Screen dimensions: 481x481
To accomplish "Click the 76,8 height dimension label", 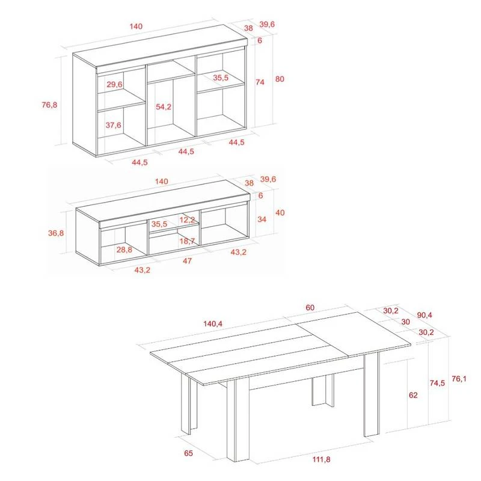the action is tap(49, 105).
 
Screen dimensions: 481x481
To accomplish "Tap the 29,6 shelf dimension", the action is tap(114, 84).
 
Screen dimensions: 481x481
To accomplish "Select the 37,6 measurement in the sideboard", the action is tap(113, 125).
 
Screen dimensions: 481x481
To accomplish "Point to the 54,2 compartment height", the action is tap(164, 107).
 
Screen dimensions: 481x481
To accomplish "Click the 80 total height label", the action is tap(280, 79).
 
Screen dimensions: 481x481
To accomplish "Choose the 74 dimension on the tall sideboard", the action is tap(260, 82).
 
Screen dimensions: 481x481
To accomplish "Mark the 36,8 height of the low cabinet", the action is tap(56, 233).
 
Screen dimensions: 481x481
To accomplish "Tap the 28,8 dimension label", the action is tap(124, 250).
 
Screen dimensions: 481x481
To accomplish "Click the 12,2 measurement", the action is tap(187, 219).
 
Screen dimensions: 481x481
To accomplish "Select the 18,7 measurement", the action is tap(187, 241).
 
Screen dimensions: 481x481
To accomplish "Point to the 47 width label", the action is tap(187, 261).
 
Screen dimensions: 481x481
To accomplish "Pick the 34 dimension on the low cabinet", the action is tap(262, 219).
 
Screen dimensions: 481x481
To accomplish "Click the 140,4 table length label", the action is tap(213, 323).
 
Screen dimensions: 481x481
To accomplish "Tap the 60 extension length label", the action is tap(310, 308).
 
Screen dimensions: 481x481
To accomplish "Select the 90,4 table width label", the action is tap(424, 315).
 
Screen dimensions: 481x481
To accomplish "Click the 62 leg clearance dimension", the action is tap(413, 395).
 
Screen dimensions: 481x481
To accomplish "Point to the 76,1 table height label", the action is tap(459, 379).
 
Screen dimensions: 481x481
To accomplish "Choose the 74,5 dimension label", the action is tap(437, 383).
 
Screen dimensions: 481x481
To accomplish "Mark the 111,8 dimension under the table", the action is tap(322, 459).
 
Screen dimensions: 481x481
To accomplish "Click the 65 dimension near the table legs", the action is tap(188, 453).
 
